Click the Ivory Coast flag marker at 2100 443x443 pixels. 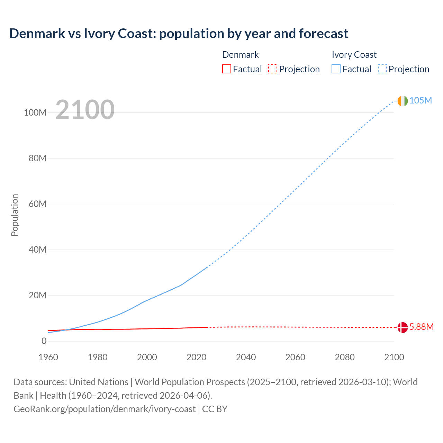403,101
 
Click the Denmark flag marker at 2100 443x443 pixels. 403,327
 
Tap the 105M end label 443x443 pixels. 421,101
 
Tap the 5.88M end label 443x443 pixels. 421,327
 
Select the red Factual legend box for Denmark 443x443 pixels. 227,69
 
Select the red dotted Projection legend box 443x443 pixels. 273,69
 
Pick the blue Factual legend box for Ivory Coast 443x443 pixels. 336,69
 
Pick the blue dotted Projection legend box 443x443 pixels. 382,69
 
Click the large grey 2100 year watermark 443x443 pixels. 85,110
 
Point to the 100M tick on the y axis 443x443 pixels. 35,113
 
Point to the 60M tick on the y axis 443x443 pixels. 37,204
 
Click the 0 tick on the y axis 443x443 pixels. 44,341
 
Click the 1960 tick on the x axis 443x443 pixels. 48,358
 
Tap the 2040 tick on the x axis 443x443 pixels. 246,358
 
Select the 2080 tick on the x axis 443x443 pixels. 345,358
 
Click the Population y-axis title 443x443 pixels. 15,215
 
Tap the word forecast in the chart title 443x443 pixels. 323,34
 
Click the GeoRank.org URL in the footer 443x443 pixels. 105,409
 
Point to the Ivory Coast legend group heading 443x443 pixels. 354,55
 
